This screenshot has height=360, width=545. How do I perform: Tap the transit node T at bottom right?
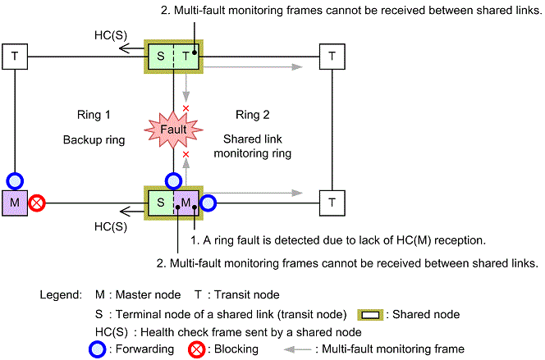tap(331, 201)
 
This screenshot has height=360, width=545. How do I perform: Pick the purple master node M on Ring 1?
tap(16, 201)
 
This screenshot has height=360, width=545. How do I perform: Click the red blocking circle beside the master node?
tap(37, 202)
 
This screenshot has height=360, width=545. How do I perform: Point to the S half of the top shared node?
tap(161, 56)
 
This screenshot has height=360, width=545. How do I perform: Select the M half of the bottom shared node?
tap(186, 202)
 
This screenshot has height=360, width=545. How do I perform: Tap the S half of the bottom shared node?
tap(161, 202)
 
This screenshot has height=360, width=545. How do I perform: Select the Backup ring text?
tap(94, 140)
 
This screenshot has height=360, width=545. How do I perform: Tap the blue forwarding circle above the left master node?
tap(15, 180)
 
